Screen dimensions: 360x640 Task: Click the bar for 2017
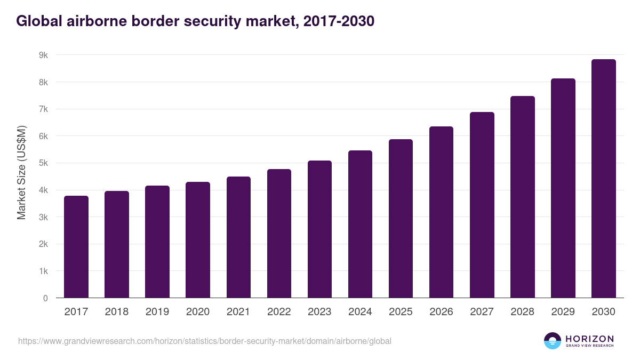click(76, 247)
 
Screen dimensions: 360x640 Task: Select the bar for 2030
click(604, 179)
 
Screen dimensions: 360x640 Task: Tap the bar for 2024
click(360, 224)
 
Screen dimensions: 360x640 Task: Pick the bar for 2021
click(238, 237)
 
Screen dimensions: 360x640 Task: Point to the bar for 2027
click(482, 205)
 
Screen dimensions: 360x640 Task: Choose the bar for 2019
click(157, 242)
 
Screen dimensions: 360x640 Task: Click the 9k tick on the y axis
click(43, 55)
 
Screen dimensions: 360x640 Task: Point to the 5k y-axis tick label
click(43, 163)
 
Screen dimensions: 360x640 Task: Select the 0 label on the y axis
click(45, 298)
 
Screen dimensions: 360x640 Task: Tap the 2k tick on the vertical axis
click(43, 244)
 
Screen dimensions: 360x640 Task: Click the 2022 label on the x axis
click(279, 312)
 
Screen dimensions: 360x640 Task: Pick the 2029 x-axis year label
click(563, 312)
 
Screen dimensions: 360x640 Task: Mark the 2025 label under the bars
click(401, 312)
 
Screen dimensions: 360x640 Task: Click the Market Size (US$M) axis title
click(22, 172)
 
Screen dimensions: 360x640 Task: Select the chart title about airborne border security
click(195, 21)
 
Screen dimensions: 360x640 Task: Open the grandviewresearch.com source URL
click(205, 341)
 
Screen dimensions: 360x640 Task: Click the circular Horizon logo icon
click(553, 341)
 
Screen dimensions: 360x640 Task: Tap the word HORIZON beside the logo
click(589, 339)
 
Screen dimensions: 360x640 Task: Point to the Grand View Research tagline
click(589, 346)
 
